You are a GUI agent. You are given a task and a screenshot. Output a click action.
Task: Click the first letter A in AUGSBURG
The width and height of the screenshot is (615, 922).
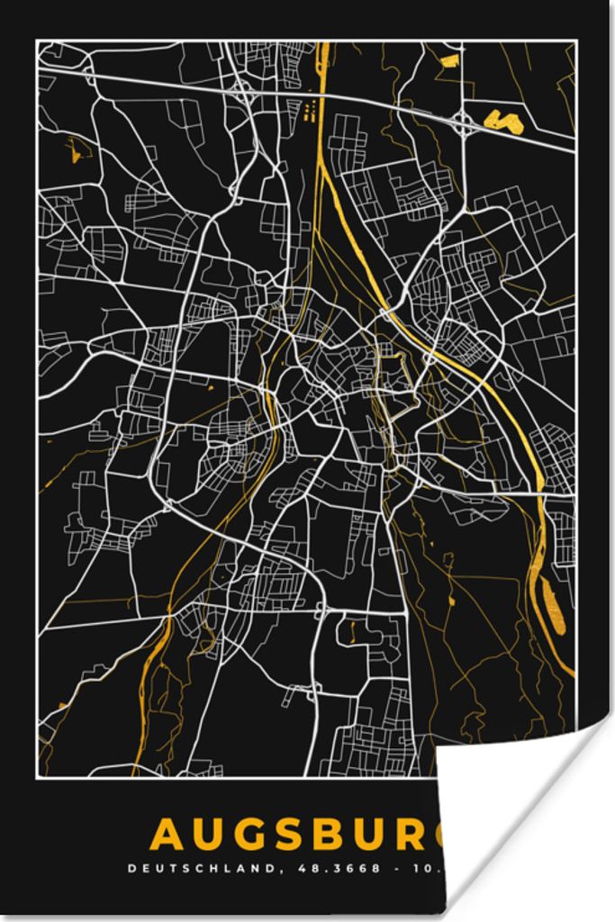[x=167, y=835]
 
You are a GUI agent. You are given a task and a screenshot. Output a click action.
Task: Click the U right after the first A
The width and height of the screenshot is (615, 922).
[x=209, y=835]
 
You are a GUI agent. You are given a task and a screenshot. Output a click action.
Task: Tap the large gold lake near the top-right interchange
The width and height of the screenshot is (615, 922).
[x=503, y=121]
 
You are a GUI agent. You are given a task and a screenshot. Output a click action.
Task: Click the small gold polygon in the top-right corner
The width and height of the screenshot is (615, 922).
[x=449, y=61]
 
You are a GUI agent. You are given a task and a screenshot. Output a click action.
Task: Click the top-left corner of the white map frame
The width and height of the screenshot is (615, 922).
[x=37, y=41]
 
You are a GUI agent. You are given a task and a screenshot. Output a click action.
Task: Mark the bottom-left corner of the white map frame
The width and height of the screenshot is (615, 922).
[x=37, y=776]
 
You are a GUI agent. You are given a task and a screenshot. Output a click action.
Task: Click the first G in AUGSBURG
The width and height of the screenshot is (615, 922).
[x=250, y=835]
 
